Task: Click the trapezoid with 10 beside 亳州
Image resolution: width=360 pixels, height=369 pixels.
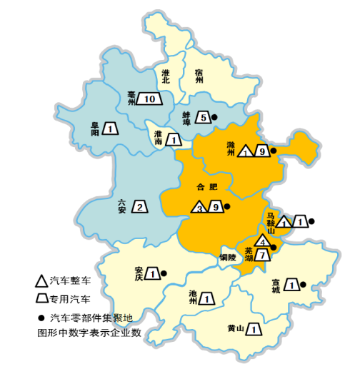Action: point(149,99)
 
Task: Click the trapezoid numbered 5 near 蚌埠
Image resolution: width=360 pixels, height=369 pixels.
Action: point(203,117)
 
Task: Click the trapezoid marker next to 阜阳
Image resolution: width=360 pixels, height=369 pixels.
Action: point(110,128)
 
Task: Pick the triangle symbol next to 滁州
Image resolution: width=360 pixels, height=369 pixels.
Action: point(246,152)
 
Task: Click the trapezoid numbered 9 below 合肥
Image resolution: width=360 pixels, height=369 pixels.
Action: point(216,207)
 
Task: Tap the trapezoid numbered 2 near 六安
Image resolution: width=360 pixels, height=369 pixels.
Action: point(140,207)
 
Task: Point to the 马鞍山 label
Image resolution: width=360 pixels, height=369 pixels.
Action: point(271,222)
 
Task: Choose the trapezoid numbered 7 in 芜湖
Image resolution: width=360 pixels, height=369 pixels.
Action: point(264,255)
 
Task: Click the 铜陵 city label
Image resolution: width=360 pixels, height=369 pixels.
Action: point(227,258)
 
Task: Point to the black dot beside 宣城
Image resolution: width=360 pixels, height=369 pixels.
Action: point(303,285)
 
